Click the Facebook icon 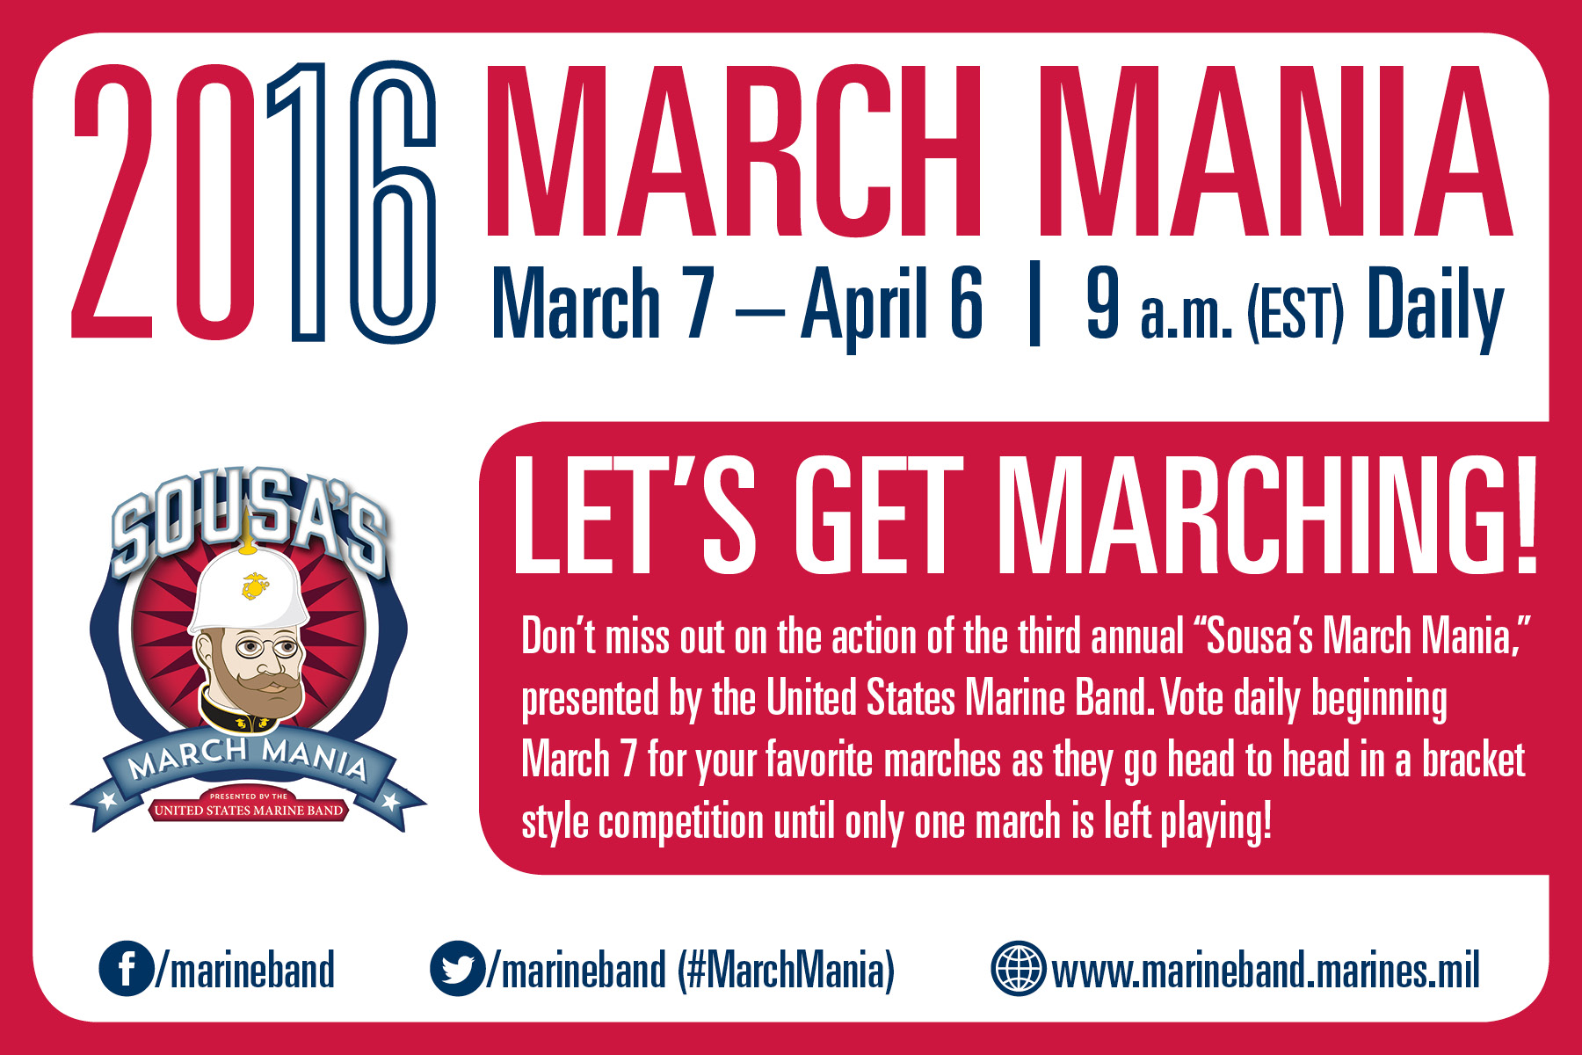click(x=126, y=968)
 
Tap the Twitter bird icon click(x=457, y=968)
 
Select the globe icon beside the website click(x=1018, y=968)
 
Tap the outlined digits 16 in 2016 click(x=352, y=202)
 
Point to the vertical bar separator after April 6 click(x=1034, y=303)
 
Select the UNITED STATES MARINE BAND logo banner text click(x=249, y=811)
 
